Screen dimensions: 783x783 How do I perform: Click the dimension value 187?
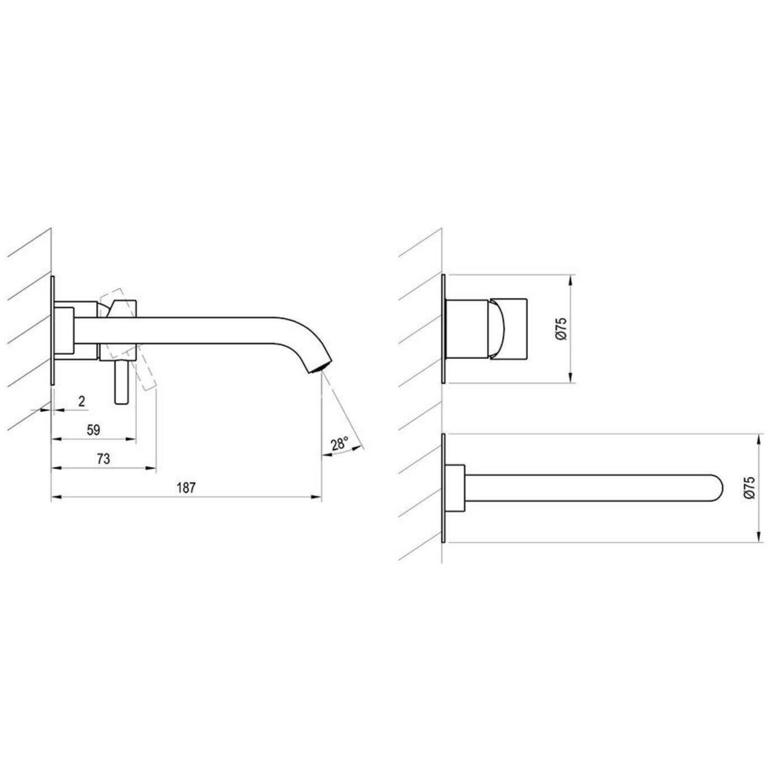click(186, 488)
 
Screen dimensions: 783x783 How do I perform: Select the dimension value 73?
click(104, 458)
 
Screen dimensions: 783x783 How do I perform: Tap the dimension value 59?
click(94, 430)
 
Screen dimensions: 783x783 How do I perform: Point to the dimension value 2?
click(82, 401)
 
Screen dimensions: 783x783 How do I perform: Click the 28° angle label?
click(340, 444)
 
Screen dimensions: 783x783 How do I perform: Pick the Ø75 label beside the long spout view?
click(750, 488)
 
